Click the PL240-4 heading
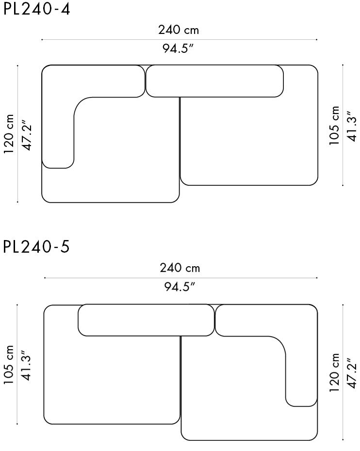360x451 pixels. click(36, 9)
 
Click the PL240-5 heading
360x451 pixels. click(36, 247)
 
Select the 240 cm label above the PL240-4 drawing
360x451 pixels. click(179, 30)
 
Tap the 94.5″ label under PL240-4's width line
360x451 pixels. click(179, 48)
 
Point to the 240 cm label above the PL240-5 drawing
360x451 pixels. click(180, 268)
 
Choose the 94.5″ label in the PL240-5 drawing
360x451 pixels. click(179, 287)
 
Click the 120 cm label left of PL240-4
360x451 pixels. click(9, 134)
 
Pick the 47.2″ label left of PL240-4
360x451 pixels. click(27, 134)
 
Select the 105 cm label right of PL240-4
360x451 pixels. click(335, 126)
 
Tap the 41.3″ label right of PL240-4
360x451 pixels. click(352, 126)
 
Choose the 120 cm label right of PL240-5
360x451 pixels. click(335, 373)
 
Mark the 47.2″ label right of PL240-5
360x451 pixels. click(352, 373)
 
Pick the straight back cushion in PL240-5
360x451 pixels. click(146, 320)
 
